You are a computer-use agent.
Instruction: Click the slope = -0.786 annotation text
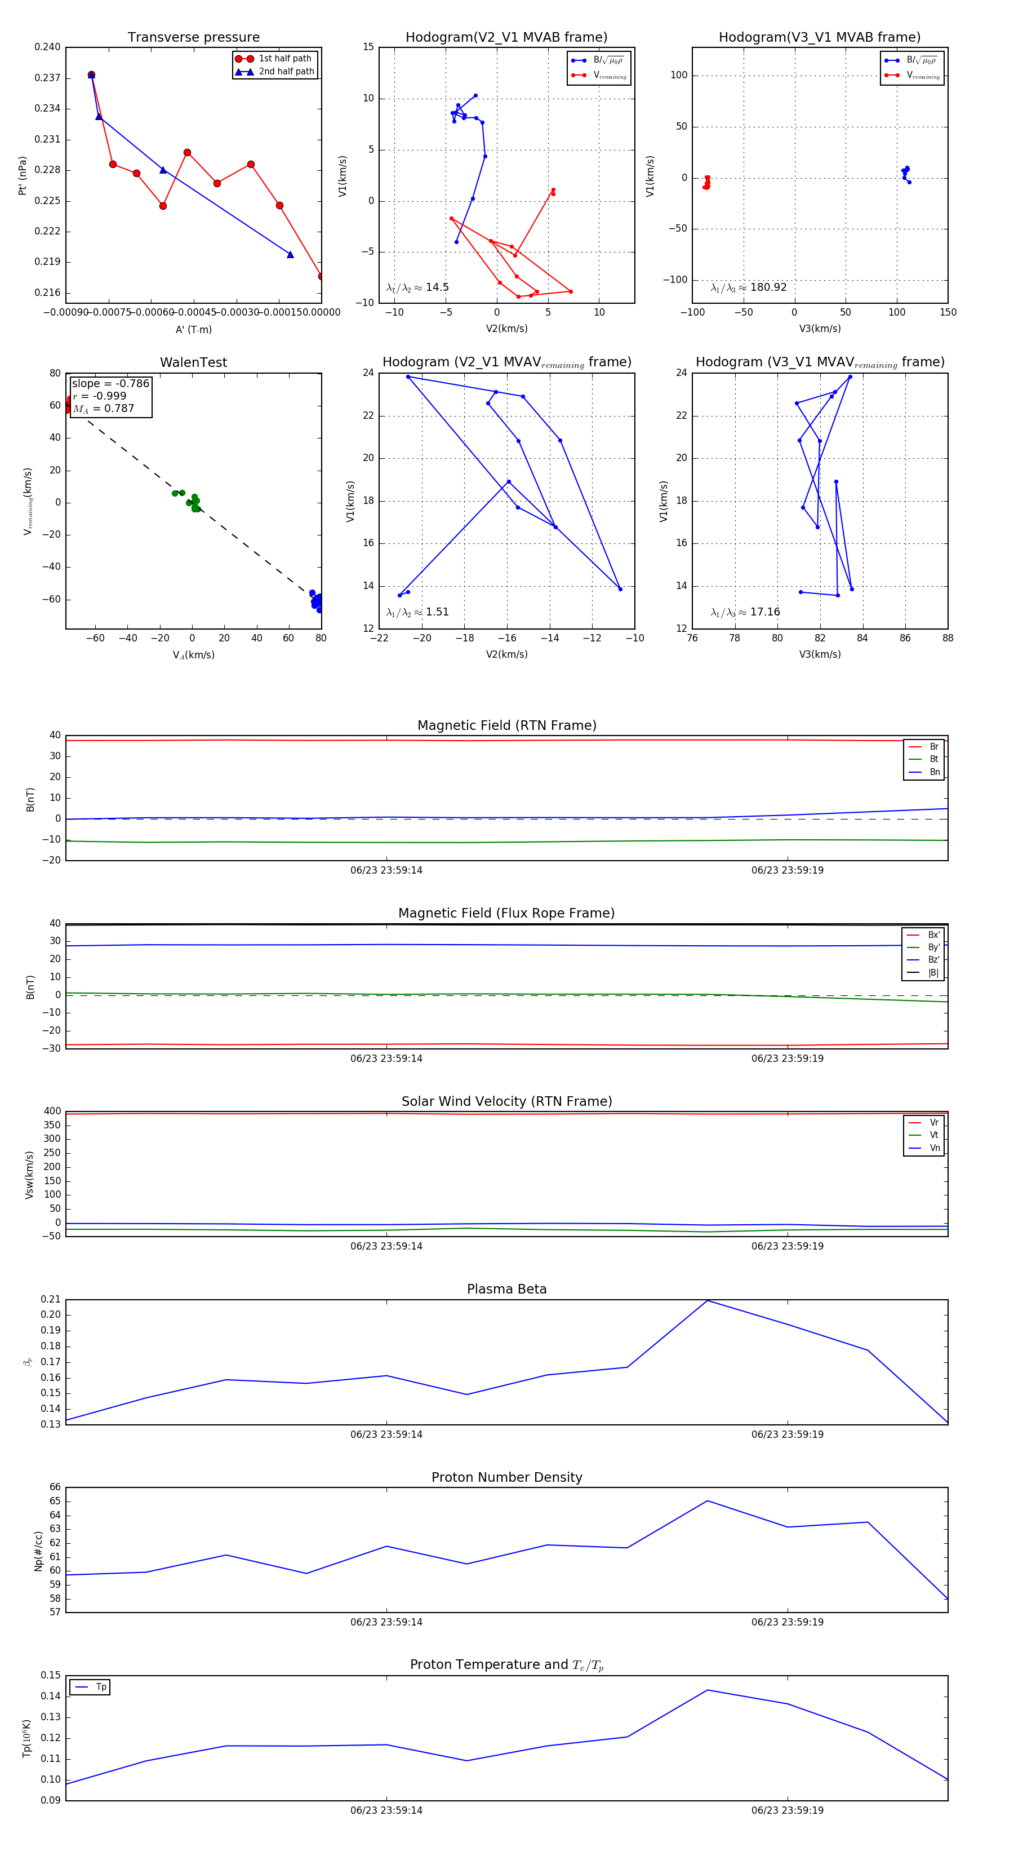[x=110, y=383]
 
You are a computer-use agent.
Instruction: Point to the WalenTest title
[x=193, y=362]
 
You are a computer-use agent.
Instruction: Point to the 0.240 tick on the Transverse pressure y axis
[x=48, y=47]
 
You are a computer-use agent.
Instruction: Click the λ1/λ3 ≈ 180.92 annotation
[x=749, y=287]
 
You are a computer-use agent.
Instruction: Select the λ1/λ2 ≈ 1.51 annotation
[x=417, y=612]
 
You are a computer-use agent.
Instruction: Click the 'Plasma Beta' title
[x=506, y=1290]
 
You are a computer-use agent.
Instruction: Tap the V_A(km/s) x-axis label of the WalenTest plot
[x=193, y=655]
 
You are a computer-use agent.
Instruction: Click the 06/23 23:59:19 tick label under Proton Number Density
[x=788, y=1622]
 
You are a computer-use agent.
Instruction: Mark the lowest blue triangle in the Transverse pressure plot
[x=290, y=254]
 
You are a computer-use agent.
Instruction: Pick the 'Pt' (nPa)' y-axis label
[x=23, y=175]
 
